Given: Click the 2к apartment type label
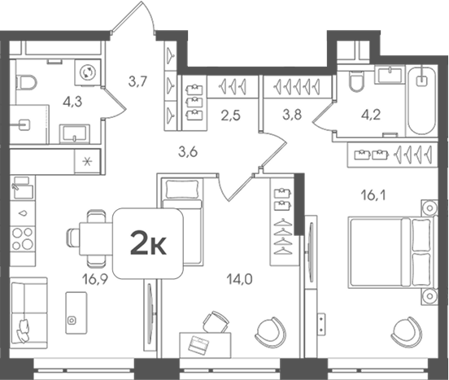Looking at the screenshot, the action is coord(148,243).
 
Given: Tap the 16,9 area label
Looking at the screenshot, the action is coord(95,279).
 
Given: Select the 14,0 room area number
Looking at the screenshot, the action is coord(239,279).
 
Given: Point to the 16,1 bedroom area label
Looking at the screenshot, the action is coord(373,196).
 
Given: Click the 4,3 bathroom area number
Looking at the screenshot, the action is coord(72,102).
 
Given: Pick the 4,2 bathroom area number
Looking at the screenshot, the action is coord(371,115).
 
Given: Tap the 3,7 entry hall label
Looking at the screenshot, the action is coord(137,82).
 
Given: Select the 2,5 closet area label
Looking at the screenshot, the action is coord(230,116).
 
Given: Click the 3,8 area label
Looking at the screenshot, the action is coord(292,115).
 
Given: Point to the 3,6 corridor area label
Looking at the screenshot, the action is coord(188,152).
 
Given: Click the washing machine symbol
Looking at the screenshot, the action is coord(88,72).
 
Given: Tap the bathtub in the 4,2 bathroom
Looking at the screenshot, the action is coord(422,101).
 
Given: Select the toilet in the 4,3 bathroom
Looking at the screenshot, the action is coord(27,83).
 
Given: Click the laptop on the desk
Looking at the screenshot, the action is coord(198,344).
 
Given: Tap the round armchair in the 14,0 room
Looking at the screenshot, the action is coord(271,332).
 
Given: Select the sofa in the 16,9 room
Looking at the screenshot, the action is coord(28,313).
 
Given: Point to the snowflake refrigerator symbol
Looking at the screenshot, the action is coord(87,161).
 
